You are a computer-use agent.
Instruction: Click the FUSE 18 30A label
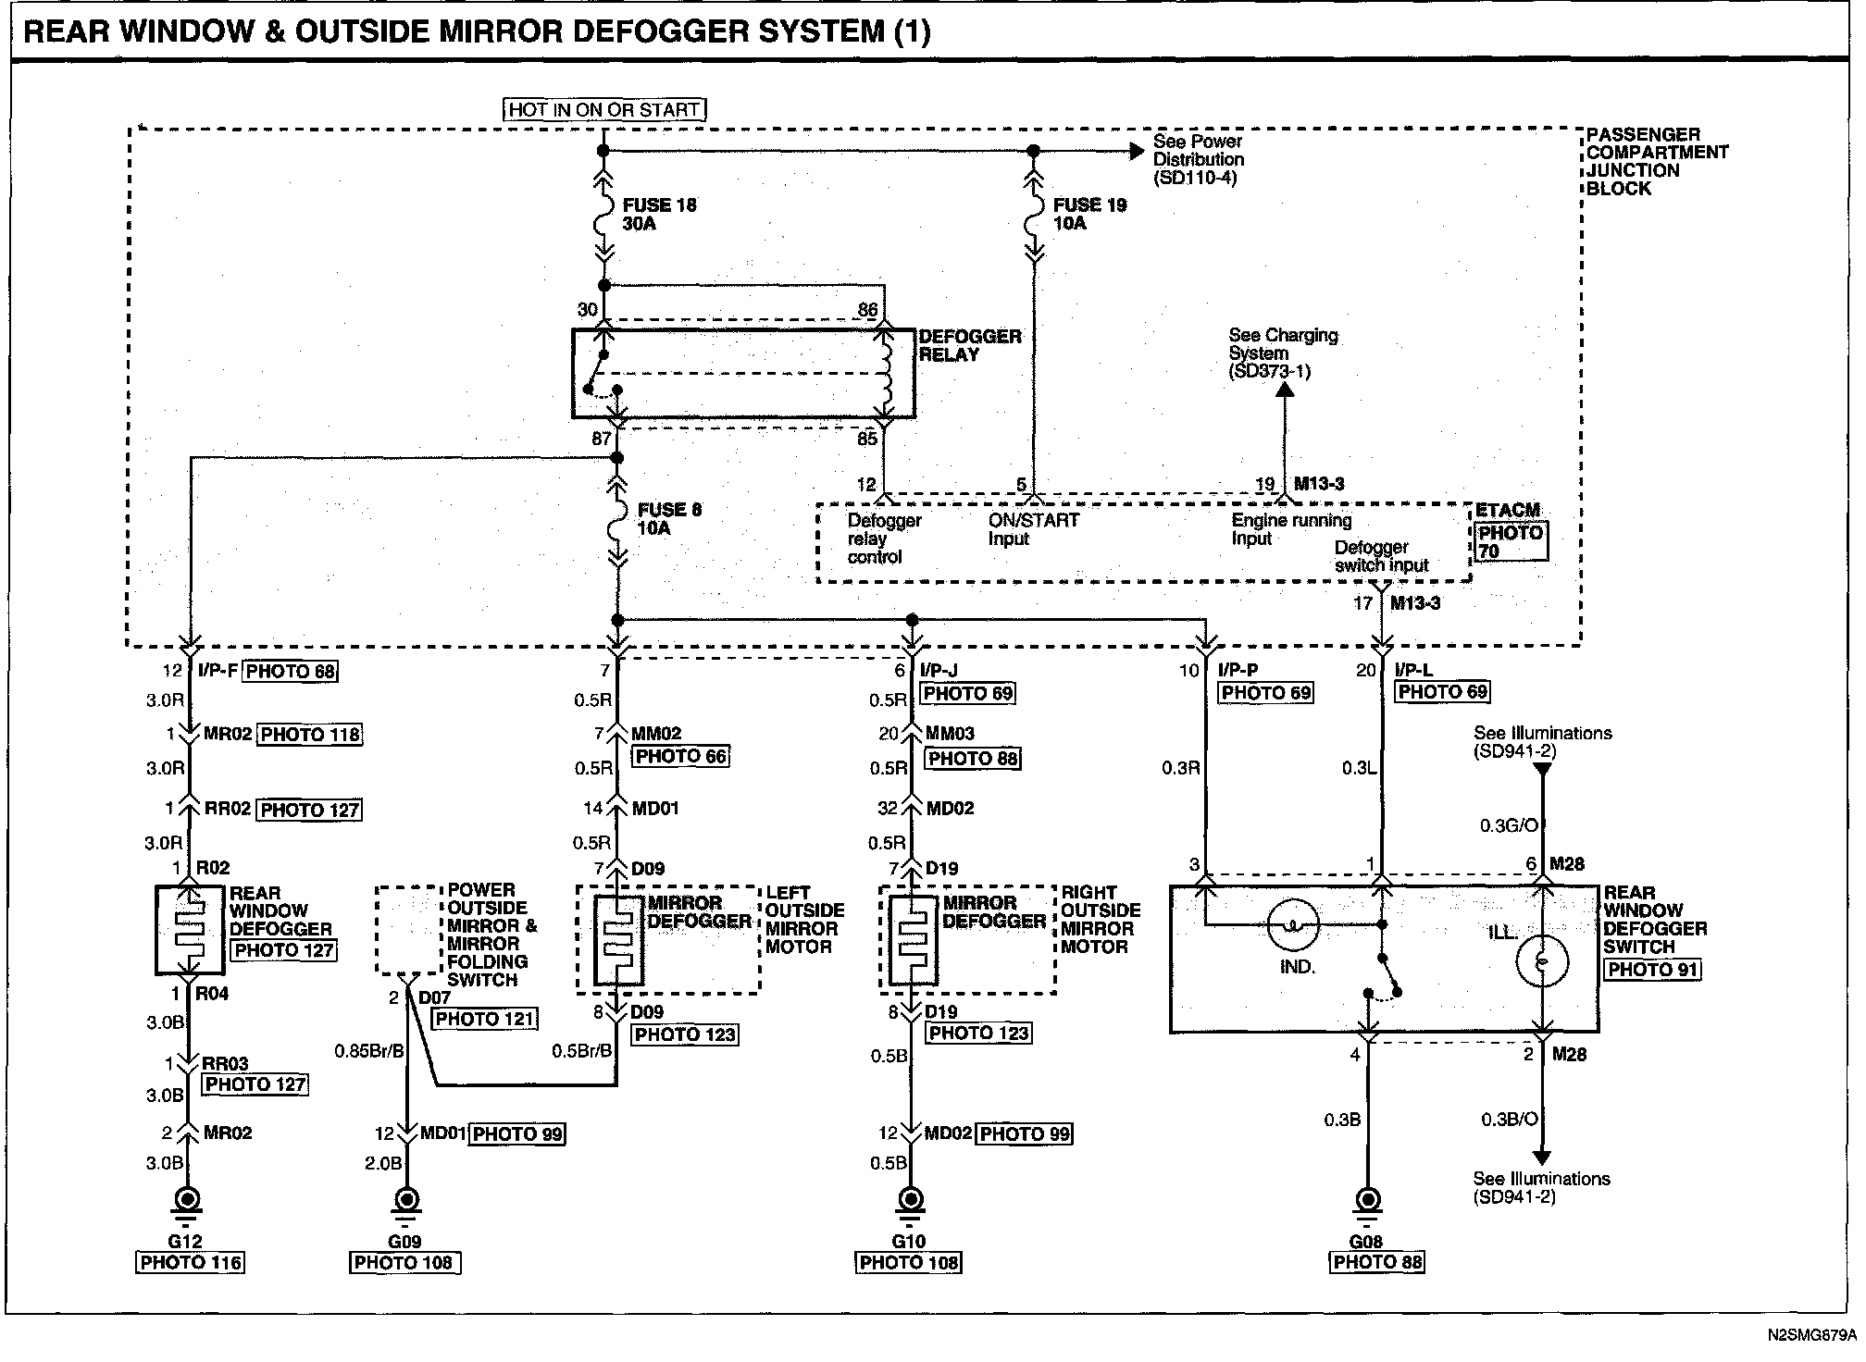[x=659, y=215]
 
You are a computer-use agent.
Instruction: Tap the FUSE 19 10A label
[x=1089, y=215]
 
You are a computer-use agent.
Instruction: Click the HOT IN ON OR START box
[x=605, y=109]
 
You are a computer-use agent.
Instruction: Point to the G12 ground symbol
[x=188, y=1201]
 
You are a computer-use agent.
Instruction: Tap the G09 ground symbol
[x=405, y=1201]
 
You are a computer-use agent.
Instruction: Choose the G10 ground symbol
[x=911, y=1201]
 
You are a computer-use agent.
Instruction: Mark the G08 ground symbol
[x=1366, y=1201]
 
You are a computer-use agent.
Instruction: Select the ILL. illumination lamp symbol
[x=1542, y=960]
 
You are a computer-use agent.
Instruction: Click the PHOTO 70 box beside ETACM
[x=1511, y=542]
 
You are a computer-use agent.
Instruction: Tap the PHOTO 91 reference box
[x=1652, y=970]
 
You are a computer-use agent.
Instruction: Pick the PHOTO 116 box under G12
[x=192, y=1263]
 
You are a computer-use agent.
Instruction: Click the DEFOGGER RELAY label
[x=969, y=345]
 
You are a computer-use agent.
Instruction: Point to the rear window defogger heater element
[x=190, y=930]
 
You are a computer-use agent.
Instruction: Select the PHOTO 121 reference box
[x=486, y=1019]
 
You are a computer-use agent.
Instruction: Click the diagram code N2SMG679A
[x=1810, y=1335]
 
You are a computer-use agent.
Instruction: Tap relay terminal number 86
[x=867, y=310]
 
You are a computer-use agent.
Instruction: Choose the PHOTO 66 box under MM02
[x=681, y=756]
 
